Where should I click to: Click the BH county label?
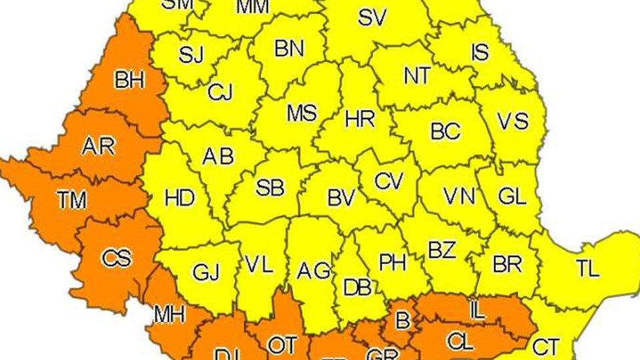point(129,81)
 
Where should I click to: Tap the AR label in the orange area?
point(97,147)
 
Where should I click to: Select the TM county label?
point(71,199)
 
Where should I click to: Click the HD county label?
point(179,198)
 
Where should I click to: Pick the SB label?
point(269,187)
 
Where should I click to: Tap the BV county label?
point(342,198)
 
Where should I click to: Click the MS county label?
point(301,113)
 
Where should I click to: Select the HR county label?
point(359,120)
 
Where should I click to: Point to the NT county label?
point(417,76)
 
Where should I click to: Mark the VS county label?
point(513,121)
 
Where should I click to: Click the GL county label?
point(512,197)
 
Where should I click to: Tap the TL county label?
point(587,269)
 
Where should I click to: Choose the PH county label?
point(393,262)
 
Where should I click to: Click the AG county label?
point(313,271)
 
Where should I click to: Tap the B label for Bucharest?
point(402,321)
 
